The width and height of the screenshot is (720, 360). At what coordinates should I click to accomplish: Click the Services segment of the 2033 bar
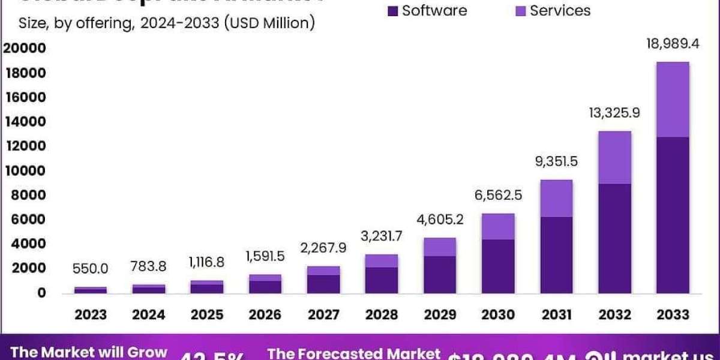tap(673, 100)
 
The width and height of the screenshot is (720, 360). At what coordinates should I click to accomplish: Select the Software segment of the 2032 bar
tap(614, 238)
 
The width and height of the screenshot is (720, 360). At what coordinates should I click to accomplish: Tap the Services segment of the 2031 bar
tap(556, 198)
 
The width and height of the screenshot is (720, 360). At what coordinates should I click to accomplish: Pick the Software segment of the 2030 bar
tap(498, 266)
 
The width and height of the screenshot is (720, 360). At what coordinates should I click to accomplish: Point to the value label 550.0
tap(91, 270)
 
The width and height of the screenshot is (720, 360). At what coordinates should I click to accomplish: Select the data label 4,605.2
tap(440, 220)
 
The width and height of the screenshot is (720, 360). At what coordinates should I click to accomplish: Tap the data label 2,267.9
tap(323, 248)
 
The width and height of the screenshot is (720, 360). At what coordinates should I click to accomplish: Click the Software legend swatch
tap(394, 11)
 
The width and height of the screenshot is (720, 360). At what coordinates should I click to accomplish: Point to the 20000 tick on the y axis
tap(25, 49)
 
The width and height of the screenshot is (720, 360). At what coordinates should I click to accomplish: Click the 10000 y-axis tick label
tap(25, 171)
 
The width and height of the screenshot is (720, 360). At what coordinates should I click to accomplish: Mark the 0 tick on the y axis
tap(41, 293)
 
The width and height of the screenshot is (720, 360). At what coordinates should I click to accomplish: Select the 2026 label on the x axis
tap(265, 314)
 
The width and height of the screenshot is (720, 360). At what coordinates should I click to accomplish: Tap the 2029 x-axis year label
tap(440, 314)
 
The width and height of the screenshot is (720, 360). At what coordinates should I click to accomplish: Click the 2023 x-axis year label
tap(91, 314)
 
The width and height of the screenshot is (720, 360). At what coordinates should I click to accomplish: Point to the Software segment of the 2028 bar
tap(382, 280)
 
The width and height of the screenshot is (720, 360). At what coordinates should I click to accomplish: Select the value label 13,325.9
tap(614, 112)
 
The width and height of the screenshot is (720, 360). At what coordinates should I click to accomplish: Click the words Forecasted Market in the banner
tap(354, 353)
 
